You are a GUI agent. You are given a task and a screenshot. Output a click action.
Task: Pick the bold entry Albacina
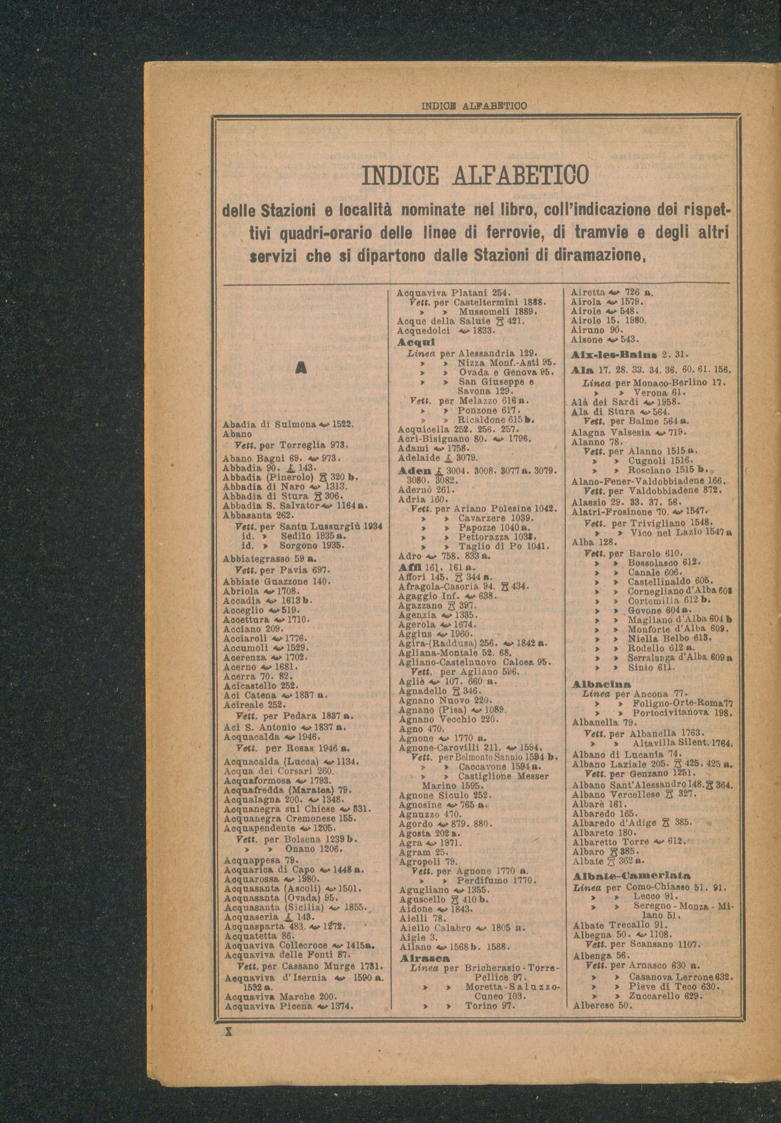pyautogui.click(x=601, y=683)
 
